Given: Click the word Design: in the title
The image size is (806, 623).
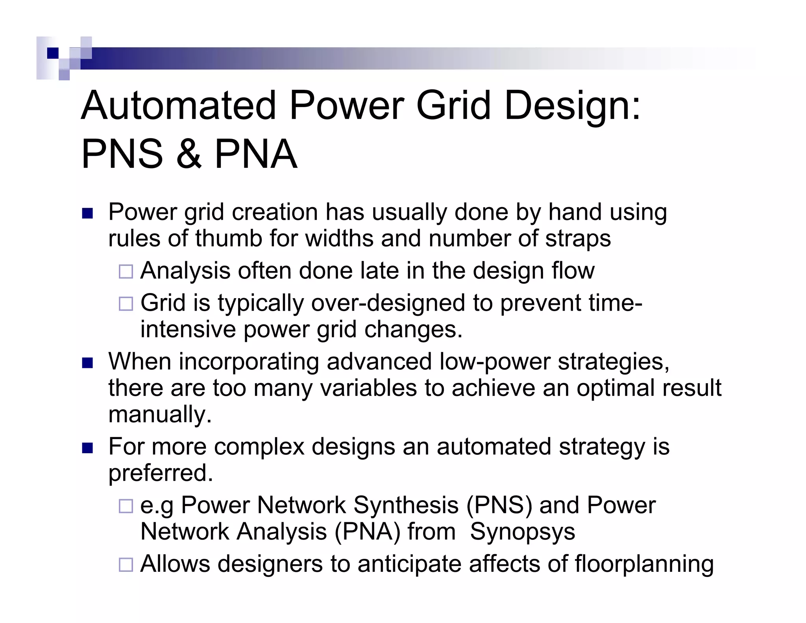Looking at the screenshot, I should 573,106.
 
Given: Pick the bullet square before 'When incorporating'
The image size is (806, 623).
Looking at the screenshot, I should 87,363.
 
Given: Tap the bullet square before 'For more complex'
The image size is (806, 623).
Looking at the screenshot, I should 87,448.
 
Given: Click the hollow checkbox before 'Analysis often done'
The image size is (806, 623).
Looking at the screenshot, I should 126,272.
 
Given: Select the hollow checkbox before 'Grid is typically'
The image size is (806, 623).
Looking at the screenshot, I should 126,304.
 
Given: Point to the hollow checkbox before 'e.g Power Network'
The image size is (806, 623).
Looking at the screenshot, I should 126,506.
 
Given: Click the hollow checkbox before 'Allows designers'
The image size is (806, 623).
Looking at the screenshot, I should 126,565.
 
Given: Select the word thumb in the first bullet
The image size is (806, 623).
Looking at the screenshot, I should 229,239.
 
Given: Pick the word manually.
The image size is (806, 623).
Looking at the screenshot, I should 160,415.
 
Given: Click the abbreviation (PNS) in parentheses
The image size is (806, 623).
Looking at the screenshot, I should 499,505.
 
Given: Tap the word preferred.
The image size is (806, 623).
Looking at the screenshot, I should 160,473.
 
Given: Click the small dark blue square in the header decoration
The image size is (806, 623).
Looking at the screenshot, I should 53,53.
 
